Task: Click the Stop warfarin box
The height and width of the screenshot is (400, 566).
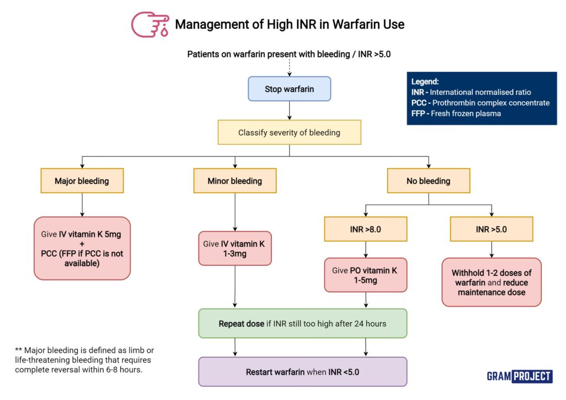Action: coord(290,89)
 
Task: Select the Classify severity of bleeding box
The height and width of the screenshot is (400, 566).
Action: coord(290,133)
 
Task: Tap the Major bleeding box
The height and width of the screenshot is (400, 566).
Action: coord(82,181)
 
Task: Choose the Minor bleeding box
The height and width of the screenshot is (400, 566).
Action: coord(235,181)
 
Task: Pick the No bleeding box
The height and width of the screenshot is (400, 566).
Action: coord(428,181)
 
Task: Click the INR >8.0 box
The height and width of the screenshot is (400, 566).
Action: coord(365,229)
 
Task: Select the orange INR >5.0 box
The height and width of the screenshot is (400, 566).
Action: coord(491,229)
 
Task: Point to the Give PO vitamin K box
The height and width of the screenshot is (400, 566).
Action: coord(365,275)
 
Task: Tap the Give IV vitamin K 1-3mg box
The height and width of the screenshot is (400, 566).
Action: coord(235,248)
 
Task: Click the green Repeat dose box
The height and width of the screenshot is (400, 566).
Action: coord(303,323)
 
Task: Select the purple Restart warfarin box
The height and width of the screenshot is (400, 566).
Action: coord(303,372)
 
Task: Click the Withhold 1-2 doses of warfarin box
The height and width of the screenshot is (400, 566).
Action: coord(491,282)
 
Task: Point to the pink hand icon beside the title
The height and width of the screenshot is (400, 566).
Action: coord(148,24)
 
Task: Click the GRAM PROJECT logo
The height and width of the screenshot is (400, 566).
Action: coord(519,376)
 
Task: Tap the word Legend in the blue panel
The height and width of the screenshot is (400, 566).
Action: coord(425,81)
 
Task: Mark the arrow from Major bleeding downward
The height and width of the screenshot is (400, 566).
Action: coord(82,204)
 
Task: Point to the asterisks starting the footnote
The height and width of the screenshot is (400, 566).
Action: coord(19,350)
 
